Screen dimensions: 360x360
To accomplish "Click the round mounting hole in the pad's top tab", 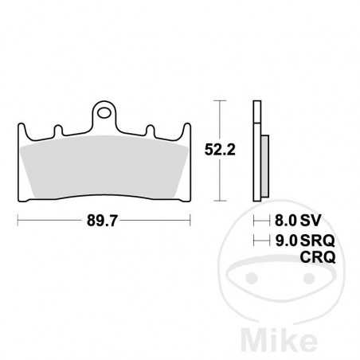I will [x=104, y=113].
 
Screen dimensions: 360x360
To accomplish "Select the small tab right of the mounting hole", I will [x=151, y=129].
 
